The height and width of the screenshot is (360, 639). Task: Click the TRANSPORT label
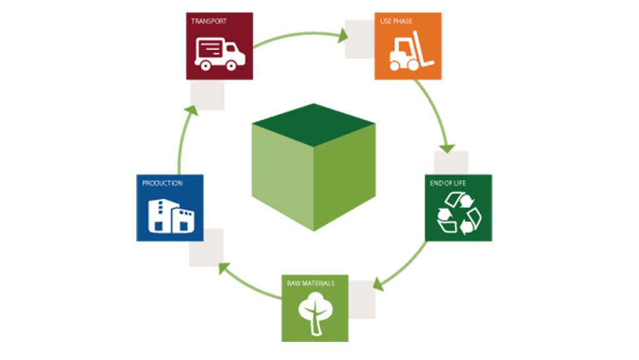(x=208, y=21)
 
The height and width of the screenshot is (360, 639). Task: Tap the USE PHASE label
(x=396, y=21)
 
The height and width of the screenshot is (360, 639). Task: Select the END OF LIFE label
(x=447, y=183)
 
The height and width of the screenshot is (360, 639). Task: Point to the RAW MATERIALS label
(x=311, y=284)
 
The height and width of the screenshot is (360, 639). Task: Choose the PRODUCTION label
(x=162, y=183)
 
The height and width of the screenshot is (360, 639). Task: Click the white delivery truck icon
(x=220, y=52)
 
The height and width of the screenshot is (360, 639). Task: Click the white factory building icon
(x=171, y=215)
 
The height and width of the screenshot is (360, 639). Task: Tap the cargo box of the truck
(x=210, y=48)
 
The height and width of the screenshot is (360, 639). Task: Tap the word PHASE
(x=404, y=21)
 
